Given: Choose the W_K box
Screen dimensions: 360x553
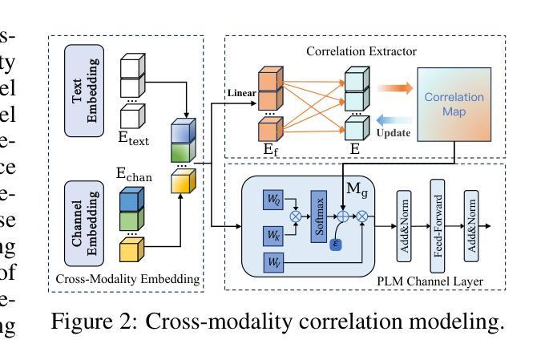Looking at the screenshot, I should [272, 233].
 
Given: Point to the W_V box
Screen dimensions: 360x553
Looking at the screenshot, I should [272, 261].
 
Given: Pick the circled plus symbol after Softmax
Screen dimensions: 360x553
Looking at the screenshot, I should [345, 216].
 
